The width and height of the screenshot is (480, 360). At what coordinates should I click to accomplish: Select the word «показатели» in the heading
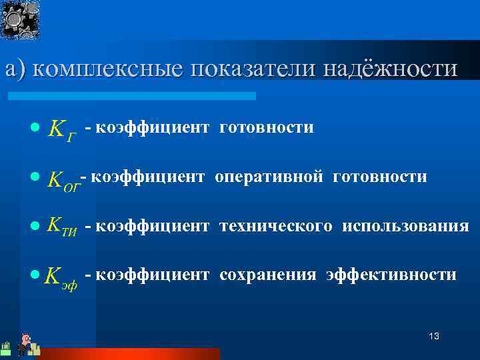253,69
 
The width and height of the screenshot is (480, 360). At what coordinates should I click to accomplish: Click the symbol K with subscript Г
62,128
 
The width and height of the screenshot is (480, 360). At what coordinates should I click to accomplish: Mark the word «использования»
405,226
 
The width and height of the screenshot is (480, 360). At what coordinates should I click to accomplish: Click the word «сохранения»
267,275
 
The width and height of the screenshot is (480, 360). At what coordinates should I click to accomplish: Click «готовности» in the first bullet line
266,127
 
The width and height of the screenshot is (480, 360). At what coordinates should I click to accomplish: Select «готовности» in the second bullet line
379,176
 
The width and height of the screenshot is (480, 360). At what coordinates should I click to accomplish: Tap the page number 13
434,336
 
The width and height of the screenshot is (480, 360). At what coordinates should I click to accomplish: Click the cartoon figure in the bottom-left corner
25,343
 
